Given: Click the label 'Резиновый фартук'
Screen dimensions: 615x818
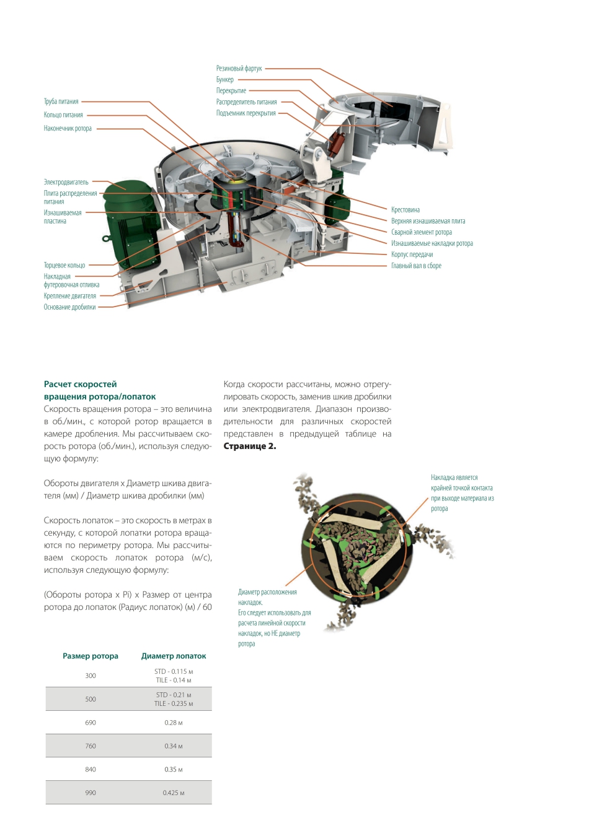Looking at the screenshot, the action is click(x=239, y=69).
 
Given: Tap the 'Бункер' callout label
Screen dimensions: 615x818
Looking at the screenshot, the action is click(x=225, y=80).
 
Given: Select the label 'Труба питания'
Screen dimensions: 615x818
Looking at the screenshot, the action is click(x=61, y=102).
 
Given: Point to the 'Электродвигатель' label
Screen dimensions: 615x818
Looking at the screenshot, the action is click(x=66, y=182).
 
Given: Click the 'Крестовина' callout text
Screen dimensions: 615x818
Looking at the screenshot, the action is click(x=405, y=210).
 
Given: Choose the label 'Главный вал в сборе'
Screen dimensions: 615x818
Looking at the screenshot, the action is click(x=416, y=266).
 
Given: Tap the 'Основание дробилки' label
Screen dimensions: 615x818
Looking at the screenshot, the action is click(x=69, y=307).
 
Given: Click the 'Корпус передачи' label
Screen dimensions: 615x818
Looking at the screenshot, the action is click(x=412, y=255).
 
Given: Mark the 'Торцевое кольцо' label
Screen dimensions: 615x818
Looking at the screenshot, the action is click(x=64, y=265).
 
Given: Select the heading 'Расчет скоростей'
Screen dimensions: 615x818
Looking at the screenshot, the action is click(x=81, y=384).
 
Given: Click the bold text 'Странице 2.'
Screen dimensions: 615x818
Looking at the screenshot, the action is click(x=250, y=446).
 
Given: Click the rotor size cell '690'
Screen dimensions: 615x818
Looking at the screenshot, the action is click(x=91, y=723).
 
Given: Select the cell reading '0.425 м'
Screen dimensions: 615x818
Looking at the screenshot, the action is click(x=174, y=793).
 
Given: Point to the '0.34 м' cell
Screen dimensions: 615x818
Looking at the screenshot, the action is click(x=174, y=746).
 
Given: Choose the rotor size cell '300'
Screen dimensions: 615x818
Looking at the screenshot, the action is click(x=91, y=676).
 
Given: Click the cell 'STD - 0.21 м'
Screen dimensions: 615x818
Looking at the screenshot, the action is click(x=174, y=695).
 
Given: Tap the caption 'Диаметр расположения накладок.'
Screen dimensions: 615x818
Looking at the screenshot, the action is click(x=267, y=597).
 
